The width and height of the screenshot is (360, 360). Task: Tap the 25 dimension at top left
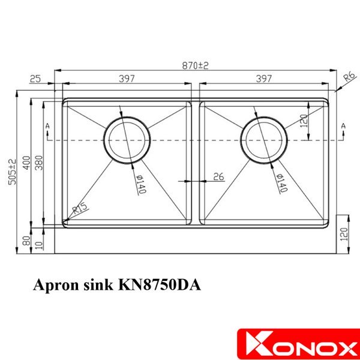(34, 79)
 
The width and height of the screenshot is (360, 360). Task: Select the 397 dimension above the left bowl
(126, 79)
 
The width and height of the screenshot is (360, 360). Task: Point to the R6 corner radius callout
(347, 76)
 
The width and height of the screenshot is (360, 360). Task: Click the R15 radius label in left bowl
(79, 209)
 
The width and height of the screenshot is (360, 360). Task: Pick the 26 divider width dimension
(218, 176)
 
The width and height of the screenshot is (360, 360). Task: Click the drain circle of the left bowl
(125, 139)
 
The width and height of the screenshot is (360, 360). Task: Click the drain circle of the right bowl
(263, 139)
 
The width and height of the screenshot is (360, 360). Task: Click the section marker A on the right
(343, 125)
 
